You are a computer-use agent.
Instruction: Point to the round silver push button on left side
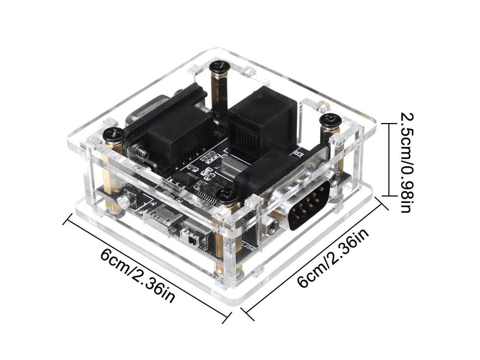[x=122, y=202]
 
